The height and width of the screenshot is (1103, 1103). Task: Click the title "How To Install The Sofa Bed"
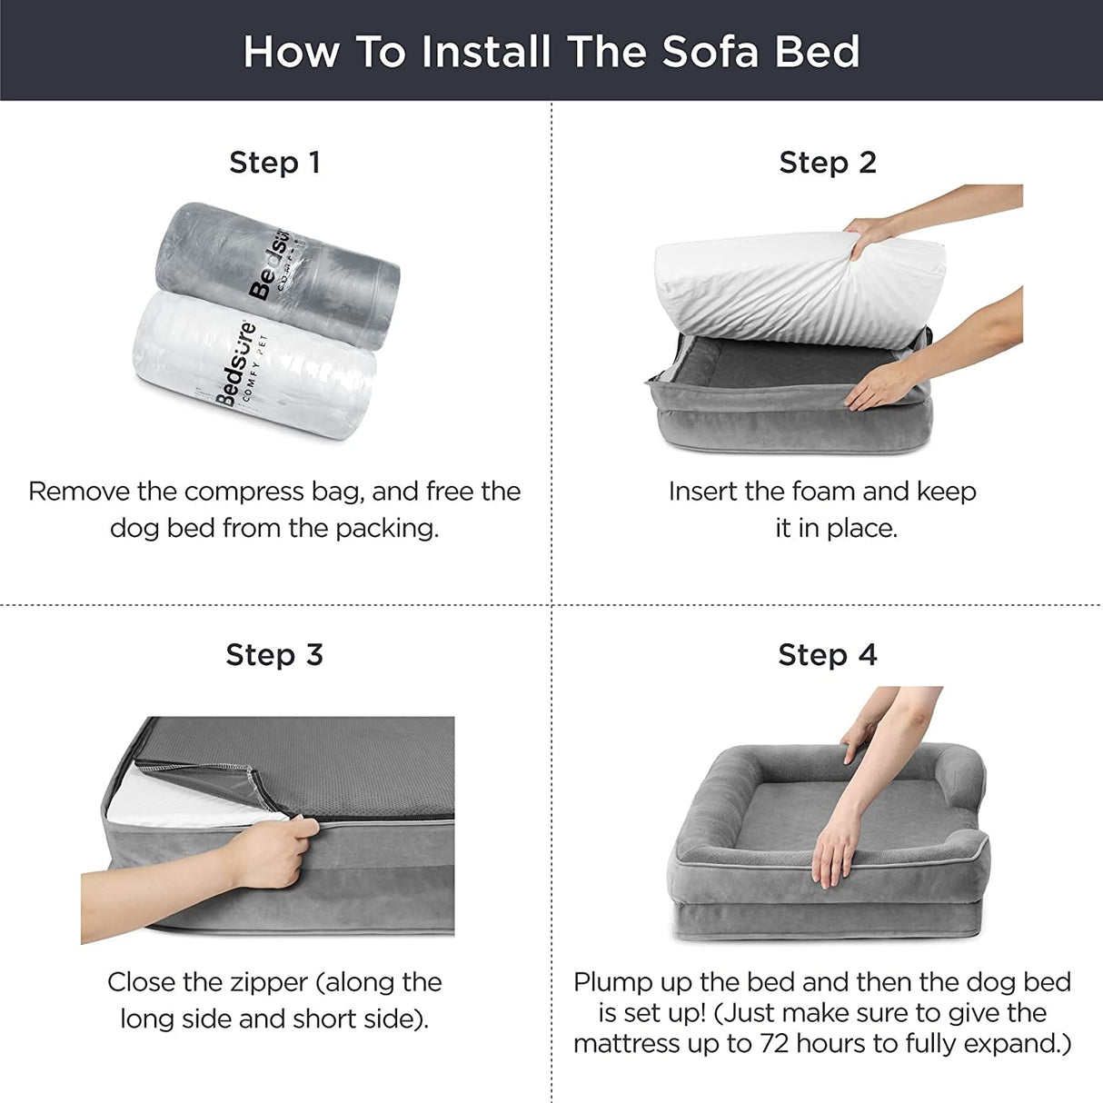click(x=551, y=51)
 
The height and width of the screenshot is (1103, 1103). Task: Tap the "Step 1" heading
click(x=274, y=163)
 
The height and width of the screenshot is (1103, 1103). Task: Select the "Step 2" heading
click(x=827, y=163)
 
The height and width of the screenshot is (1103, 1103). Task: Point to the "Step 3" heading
click(x=274, y=654)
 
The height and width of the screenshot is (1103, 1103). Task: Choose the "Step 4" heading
click(x=827, y=654)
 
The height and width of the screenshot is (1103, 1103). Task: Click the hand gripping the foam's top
click(x=872, y=232)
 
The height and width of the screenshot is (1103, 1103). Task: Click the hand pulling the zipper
click(x=273, y=850)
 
